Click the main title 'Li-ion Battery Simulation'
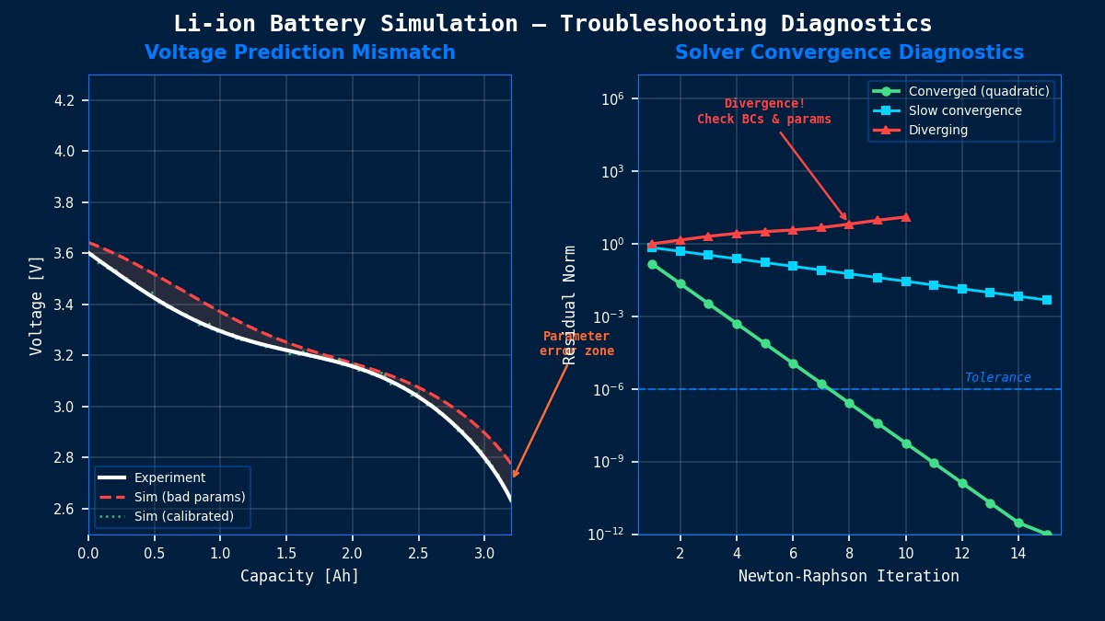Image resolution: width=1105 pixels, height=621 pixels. coord(552,24)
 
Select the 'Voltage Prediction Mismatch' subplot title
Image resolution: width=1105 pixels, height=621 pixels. coord(299,53)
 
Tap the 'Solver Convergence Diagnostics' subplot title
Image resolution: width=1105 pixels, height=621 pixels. coord(849,53)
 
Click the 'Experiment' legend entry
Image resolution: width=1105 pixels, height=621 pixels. coord(169,478)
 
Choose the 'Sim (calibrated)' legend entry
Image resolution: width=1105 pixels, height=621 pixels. coord(184,517)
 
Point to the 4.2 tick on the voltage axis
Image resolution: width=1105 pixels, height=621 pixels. coord(71,100)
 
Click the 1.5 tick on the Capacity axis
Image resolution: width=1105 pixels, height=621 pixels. coord(286,553)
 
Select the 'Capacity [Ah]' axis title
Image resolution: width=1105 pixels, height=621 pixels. coord(299,577)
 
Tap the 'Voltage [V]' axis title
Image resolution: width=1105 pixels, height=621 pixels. coord(37,305)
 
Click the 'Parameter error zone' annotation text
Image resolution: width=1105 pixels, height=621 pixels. coord(576,344)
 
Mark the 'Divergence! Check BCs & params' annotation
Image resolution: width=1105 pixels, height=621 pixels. coord(764,111)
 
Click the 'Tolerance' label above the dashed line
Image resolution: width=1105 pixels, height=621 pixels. coord(997,378)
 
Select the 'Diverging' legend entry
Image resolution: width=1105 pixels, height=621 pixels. coord(938,131)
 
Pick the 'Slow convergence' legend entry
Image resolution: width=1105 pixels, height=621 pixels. coord(965,111)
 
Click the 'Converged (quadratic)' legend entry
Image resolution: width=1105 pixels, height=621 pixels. coord(979,92)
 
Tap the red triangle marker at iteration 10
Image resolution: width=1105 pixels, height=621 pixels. coord(906,217)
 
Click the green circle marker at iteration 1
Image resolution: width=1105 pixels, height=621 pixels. coord(652,264)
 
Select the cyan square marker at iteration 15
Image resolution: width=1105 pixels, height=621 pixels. coord(1047,300)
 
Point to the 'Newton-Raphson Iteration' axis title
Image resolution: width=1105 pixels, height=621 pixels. coord(848,577)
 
